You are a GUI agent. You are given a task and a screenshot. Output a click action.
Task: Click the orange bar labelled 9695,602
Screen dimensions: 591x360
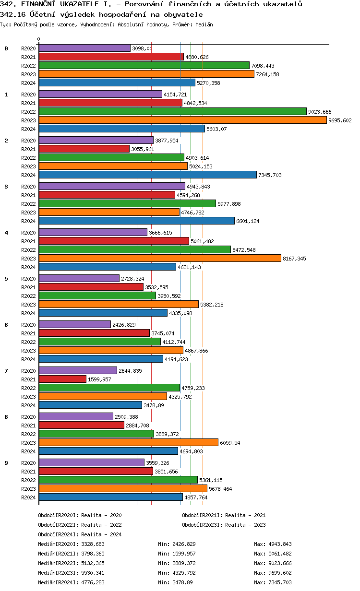(x=182, y=120)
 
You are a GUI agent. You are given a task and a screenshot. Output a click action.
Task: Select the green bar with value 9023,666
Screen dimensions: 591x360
(x=172, y=111)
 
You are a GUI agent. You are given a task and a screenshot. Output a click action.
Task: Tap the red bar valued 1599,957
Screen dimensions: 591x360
(x=62, y=379)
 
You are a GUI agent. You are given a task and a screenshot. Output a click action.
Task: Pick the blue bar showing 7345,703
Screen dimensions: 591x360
(x=147, y=175)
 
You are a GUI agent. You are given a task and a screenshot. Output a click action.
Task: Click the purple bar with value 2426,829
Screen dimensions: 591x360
(x=74, y=324)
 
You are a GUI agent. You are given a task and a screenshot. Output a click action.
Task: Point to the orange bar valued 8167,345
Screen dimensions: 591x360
(x=159, y=259)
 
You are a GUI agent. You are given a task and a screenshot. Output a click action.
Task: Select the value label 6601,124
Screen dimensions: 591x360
(x=248, y=221)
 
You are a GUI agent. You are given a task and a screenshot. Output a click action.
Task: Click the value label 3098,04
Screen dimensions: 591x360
(x=142, y=48)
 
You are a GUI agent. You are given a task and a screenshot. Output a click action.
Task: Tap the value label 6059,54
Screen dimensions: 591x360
(x=230, y=443)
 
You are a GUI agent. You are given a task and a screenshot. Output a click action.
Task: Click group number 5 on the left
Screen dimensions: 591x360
(x=6, y=279)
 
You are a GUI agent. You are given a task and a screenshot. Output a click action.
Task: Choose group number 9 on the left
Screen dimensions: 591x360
(x=6, y=463)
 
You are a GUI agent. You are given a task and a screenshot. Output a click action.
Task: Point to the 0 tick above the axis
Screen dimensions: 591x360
(x=39, y=39)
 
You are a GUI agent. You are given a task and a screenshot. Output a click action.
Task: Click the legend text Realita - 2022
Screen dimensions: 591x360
(x=101, y=525)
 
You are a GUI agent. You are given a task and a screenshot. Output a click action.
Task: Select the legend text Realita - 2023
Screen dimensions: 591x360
(x=245, y=525)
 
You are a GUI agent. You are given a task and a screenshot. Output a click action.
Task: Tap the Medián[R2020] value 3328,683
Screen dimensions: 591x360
(x=93, y=544)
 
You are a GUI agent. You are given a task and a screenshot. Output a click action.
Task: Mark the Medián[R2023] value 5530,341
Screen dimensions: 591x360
(x=93, y=573)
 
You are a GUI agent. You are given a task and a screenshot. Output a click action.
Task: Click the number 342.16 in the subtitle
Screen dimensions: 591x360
(x=11, y=14)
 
